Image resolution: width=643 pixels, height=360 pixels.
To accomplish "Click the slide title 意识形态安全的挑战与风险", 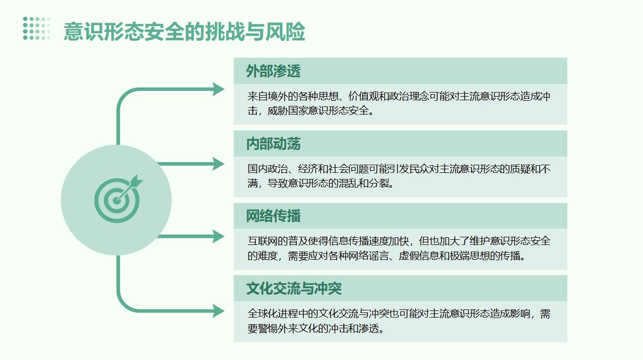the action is [x=184, y=31].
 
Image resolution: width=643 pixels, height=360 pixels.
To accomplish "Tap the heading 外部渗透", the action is [x=273, y=71].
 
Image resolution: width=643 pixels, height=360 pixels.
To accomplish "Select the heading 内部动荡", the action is [x=273, y=144].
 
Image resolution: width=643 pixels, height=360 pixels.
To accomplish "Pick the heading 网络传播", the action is [x=273, y=216].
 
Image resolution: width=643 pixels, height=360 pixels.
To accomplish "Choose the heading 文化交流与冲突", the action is [x=294, y=288].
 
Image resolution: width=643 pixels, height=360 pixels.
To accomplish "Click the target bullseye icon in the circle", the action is [x=118, y=198].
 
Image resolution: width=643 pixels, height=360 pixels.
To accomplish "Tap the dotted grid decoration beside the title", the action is [x=37, y=29].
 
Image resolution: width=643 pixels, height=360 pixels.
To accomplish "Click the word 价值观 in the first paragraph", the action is [x=363, y=96].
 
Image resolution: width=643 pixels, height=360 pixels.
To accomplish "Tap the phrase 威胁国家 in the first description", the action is [x=287, y=111].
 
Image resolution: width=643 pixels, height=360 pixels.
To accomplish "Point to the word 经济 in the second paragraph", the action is [x=308, y=169].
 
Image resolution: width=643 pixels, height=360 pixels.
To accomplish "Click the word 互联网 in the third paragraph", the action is [x=262, y=241].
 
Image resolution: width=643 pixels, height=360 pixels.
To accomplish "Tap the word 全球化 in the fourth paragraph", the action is [x=262, y=314].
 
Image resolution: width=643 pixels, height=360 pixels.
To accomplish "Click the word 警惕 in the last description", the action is [x=268, y=328].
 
